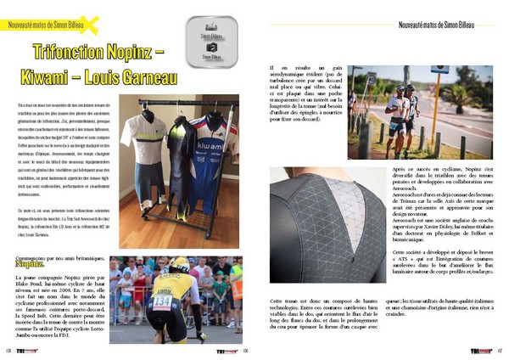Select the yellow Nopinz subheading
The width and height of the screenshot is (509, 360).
28,263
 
